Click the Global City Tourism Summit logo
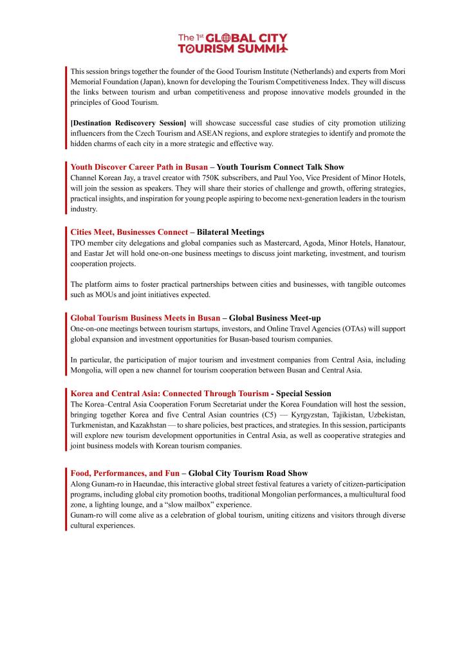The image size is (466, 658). pos(233,42)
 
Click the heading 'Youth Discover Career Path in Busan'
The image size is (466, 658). pos(139,167)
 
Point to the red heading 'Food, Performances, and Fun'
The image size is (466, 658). pos(125,473)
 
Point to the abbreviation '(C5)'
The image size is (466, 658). pos(263,414)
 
